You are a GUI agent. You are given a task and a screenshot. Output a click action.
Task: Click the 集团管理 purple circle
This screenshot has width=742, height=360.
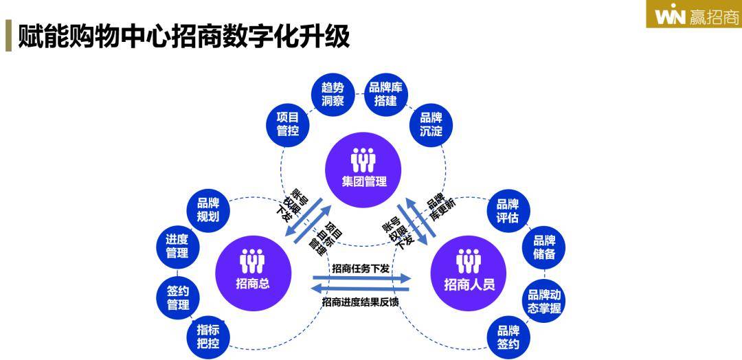(x=364, y=168)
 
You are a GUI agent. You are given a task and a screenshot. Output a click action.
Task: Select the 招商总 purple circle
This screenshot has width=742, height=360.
(x=252, y=269)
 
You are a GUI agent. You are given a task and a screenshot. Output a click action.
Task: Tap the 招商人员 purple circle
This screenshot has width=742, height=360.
(x=469, y=270)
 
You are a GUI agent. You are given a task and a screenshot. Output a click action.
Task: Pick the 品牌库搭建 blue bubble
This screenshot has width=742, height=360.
(x=385, y=94)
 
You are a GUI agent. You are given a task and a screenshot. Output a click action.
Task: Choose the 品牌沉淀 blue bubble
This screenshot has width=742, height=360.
(x=431, y=124)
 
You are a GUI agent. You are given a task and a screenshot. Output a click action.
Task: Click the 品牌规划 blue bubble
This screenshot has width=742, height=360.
(x=207, y=210)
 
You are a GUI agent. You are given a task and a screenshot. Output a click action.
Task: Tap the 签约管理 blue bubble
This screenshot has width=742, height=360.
(x=177, y=297)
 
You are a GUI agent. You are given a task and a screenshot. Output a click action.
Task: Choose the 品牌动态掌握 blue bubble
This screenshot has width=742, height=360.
(x=545, y=301)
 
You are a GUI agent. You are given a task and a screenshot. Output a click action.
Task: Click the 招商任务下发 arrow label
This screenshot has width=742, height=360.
(x=361, y=269)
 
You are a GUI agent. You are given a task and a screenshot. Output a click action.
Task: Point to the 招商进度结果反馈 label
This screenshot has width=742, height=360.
(x=359, y=302)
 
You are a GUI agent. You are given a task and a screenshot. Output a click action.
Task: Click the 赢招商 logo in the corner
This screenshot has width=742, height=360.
(x=694, y=14)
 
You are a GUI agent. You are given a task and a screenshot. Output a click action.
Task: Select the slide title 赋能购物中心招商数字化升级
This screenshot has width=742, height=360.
(x=184, y=36)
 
